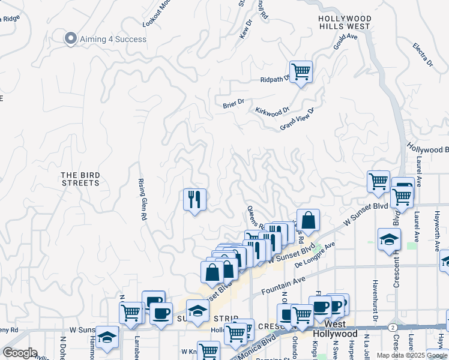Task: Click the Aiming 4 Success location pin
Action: [x=71, y=38]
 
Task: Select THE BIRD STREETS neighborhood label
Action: [x=80, y=179]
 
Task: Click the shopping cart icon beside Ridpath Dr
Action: [x=301, y=71]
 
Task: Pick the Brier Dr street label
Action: [x=234, y=103]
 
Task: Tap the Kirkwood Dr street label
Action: [x=272, y=111]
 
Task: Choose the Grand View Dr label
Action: [x=297, y=119]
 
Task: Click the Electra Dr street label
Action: [x=423, y=55]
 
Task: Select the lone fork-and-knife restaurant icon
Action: [x=194, y=199]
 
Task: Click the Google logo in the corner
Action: [x=20, y=353]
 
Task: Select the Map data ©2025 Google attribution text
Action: [x=412, y=355]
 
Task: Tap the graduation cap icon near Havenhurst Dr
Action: [x=389, y=239]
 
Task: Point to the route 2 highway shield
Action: [x=392, y=328]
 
